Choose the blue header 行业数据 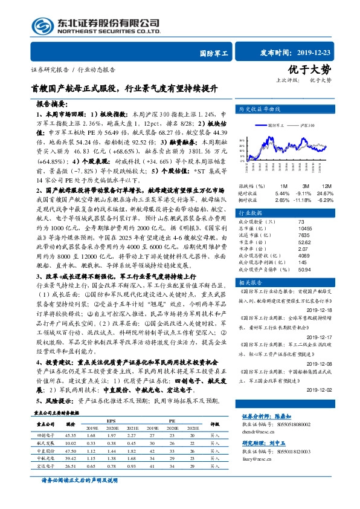click(x=254, y=213)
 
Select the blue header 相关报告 click(x=254, y=282)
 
